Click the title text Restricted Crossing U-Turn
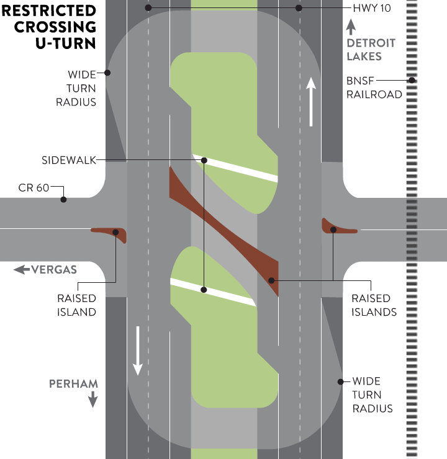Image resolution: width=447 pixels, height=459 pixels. click(50, 27)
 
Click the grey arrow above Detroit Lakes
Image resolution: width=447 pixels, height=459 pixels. click(351, 27)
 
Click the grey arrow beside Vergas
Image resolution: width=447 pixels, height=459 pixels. click(21, 269)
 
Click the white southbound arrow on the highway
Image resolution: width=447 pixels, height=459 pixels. click(138, 350)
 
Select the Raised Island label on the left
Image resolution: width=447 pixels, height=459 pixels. click(76, 305)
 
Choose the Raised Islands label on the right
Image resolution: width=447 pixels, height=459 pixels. click(374, 305)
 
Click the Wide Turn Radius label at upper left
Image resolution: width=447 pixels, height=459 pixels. click(82, 88)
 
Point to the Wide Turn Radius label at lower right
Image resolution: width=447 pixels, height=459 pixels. click(372, 394)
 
